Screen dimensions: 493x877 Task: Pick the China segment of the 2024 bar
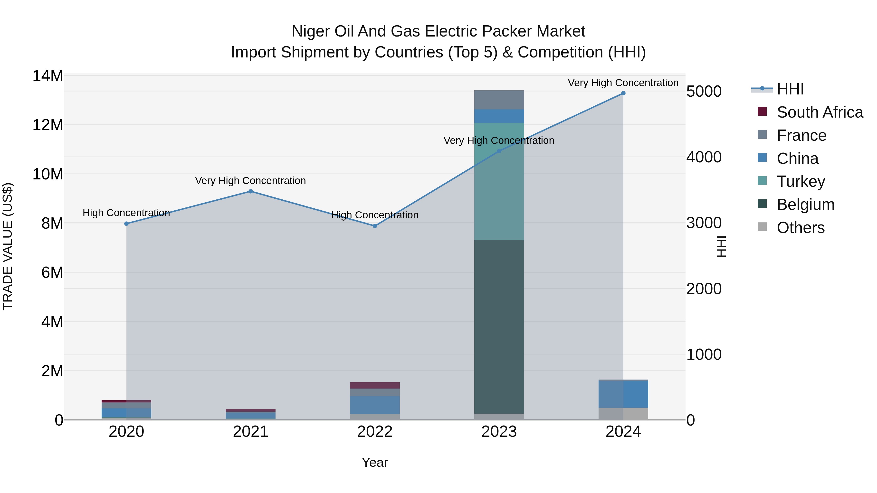coord(623,394)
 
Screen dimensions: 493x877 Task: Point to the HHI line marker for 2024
coord(623,93)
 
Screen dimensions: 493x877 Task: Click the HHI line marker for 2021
coord(251,191)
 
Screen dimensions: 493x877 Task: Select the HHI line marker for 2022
coord(375,226)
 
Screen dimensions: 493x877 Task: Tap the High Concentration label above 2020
coord(126,213)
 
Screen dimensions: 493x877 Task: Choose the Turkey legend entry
coord(801,181)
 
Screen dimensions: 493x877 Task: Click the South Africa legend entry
coord(820,112)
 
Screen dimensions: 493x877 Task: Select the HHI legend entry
coord(790,89)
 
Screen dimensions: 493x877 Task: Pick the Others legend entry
coord(801,228)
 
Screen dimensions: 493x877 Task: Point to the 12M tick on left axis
coord(48,125)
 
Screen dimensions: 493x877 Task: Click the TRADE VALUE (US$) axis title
coord(8,246)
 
